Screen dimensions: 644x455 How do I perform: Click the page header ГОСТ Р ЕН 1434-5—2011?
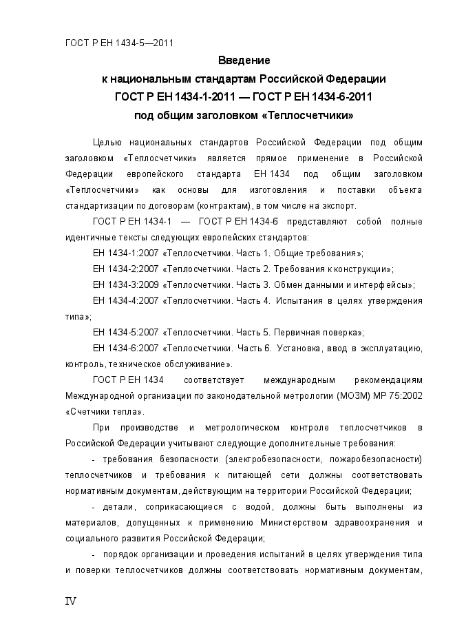(x=118, y=43)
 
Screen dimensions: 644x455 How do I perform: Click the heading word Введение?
(x=244, y=61)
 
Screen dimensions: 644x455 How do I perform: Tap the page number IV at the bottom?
(x=70, y=601)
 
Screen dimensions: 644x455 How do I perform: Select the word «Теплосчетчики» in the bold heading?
(x=313, y=114)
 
